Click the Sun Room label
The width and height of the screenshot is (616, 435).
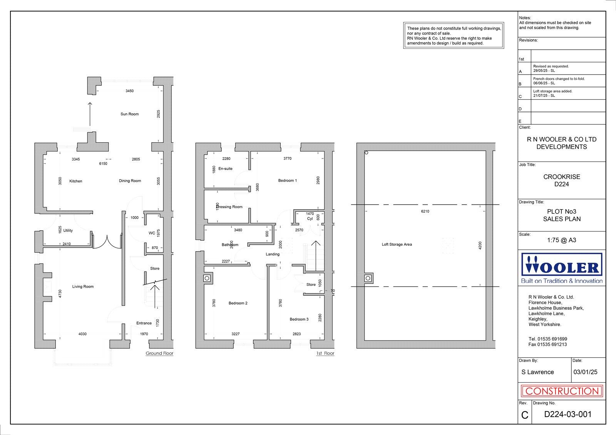pyautogui.click(x=129, y=114)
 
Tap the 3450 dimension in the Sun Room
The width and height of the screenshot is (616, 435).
pyautogui.click(x=129, y=91)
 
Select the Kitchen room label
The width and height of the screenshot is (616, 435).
pyautogui.click(x=75, y=181)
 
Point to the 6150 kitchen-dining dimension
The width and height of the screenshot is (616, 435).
pyautogui.click(x=103, y=164)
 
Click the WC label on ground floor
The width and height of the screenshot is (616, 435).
pyautogui.click(x=152, y=233)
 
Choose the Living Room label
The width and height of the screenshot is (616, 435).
pyautogui.click(x=83, y=287)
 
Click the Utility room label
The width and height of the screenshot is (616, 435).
pyautogui.click(x=68, y=231)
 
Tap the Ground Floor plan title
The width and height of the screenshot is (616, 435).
pyautogui.click(x=159, y=353)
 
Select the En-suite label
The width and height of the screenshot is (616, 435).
pyautogui.click(x=225, y=169)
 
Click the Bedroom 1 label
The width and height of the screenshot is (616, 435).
pyautogui.click(x=288, y=181)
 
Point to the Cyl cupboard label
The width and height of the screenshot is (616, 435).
pyautogui.click(x=310, y=219)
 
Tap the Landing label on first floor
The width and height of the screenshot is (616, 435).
pyautogui.click(x=273, y=254)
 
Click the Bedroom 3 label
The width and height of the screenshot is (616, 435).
pyautogui.click(x=299, y=319)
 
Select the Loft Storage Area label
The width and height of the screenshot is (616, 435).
pyautogui.click(x=397, y=245)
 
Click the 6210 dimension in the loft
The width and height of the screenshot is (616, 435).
pyautogui.click(x=425, y=212)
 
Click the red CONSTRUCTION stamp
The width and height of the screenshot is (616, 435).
pyautogui.click(x=562, y=392)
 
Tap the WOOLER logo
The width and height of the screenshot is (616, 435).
pyautogui.click(x=562, y=268)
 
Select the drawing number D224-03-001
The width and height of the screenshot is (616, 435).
pyautogui.click(x=567, y=415)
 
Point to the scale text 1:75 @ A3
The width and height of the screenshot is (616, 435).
pyautogui.click(x=562, y=240)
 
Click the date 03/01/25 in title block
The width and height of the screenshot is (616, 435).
pyautogui.click(x=585, y=372)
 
